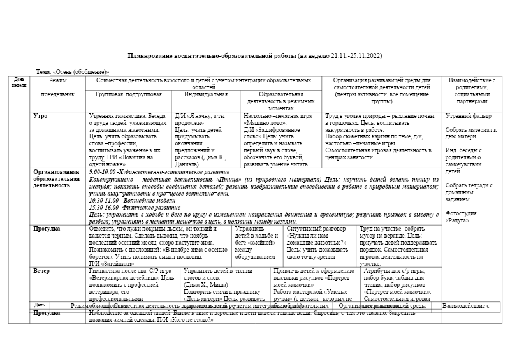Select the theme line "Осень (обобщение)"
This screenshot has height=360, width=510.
click(x=81, y=72)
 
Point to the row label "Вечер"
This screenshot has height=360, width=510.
click(x=41, y=271)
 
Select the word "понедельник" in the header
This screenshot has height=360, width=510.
click(x=58, y=94)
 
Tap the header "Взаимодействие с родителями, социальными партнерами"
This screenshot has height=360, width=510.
click(x=472, y=90)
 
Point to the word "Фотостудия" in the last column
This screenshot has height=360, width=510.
click(x=461, y=213)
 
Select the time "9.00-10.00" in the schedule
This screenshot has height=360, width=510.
click(x=104, y=173)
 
